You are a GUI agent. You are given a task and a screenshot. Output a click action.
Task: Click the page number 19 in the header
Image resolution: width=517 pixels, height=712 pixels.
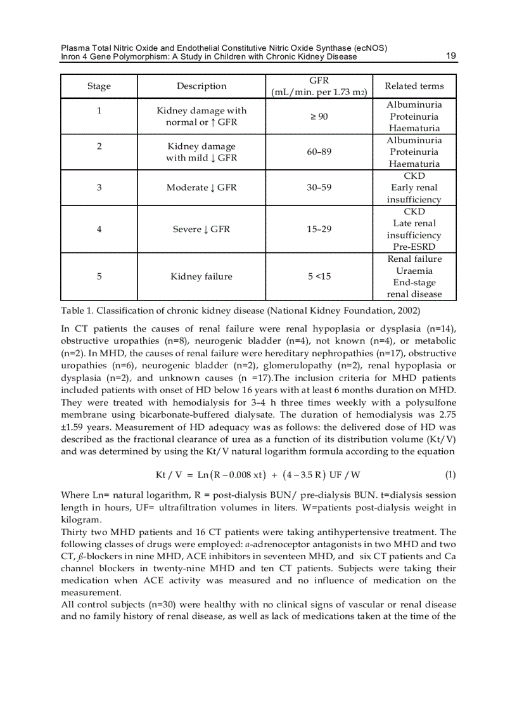pyautogui.click(x=451, y=56)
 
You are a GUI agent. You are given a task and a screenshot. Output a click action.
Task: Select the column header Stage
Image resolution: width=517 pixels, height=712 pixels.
pyautogui.click(x=99, y=86)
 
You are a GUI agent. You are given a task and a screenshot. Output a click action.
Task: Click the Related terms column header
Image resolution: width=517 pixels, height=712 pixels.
pyautogui.click(x=414, y=86)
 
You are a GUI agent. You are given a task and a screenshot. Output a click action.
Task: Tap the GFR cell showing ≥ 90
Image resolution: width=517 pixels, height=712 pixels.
pyautogui.click(x=319, y=117)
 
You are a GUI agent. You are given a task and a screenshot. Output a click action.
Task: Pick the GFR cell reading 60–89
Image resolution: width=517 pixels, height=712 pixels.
pyautogui.click(x=319, y=152)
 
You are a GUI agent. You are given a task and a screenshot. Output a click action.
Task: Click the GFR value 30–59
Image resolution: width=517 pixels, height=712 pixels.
pyautogui.click(x=319, y=188)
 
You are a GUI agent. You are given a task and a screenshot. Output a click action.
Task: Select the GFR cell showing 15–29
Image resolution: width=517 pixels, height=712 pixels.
pyautogui.click(x=319, y=229)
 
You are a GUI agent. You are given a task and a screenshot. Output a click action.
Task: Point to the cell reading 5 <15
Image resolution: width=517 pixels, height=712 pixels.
pyautogui.click(x=319, y=276)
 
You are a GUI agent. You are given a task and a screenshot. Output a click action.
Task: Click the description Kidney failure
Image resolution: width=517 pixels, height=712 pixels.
pyautogui.click(x=201, y=276)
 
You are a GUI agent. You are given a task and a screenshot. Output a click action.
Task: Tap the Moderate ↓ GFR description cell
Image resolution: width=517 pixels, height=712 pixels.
pyautogui.click(x=201, y=188)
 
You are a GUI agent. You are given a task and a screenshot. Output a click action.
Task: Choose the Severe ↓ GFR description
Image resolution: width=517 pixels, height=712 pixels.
pyautogui.click(x=201, y=229)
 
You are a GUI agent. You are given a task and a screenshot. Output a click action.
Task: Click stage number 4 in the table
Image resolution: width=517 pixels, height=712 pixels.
pyautogui.click(x=99, y=229)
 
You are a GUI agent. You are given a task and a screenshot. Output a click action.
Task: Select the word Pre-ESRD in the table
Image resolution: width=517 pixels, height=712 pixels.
pyautogui.click(x=414, y=247)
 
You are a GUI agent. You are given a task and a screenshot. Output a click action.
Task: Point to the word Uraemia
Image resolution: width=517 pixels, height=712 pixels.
pyautogui.click(x=414, y=271)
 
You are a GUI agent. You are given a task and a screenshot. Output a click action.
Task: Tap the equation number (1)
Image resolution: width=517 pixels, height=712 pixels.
pyautogui.click(x=450, y=474)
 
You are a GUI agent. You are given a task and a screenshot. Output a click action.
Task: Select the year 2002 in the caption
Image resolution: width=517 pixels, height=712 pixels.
pyautogui.click(x=405, y=311)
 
